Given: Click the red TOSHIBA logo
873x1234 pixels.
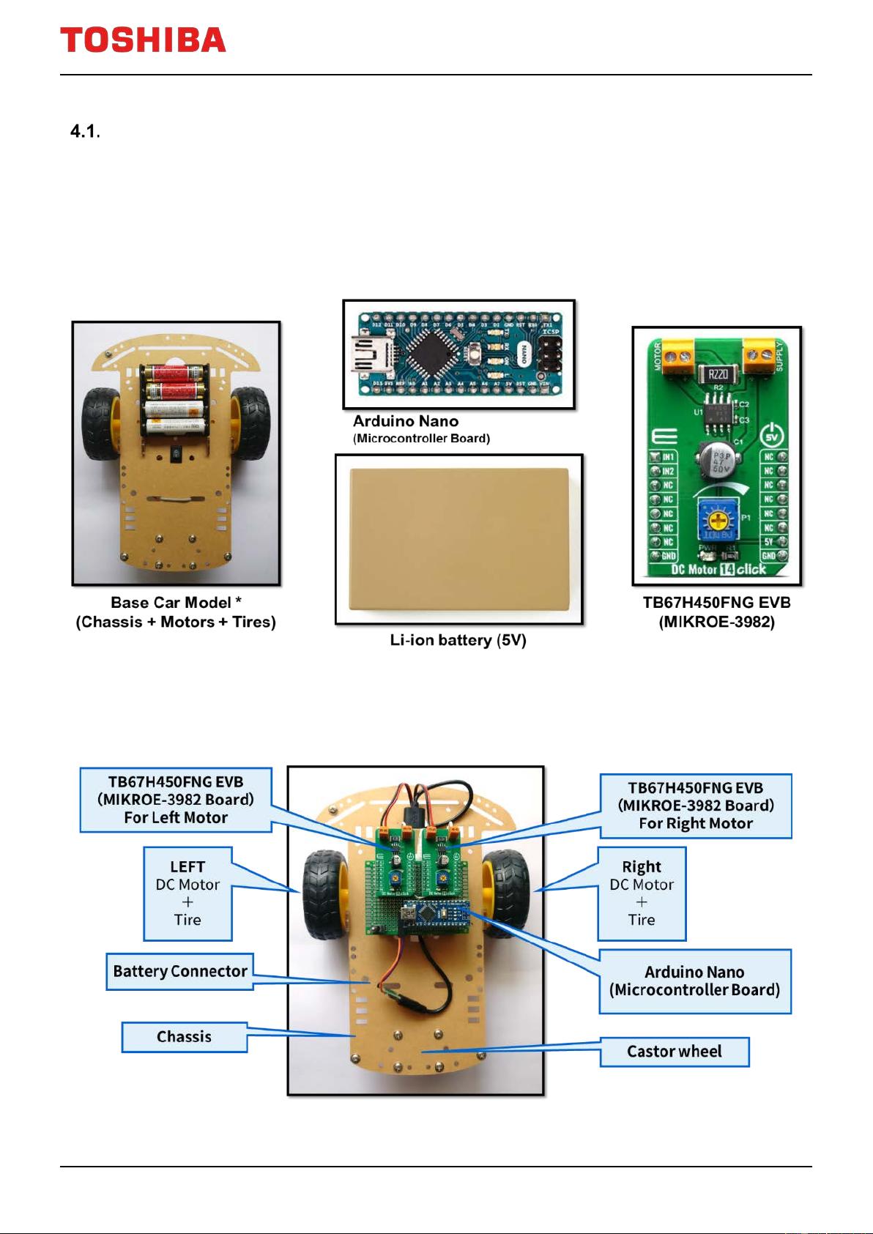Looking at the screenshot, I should point(143,40).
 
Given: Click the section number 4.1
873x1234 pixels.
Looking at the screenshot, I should point(84,132).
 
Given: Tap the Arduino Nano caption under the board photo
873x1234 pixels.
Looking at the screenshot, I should point(406,422).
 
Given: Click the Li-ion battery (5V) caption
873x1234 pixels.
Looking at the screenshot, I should point(458,641).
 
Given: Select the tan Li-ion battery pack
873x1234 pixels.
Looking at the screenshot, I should point(459,539).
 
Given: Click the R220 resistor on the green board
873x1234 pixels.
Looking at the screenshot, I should point(717,374).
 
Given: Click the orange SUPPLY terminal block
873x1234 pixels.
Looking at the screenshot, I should point(759,357).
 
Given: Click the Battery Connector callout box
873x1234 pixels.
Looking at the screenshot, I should point(179,972).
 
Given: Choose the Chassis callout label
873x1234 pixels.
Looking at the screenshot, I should point(184,1037).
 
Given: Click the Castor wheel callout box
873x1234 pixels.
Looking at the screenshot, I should point(674,1052).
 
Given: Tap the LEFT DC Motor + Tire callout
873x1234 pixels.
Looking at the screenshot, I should point(187,893).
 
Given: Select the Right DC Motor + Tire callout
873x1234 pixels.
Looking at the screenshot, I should point(642,893).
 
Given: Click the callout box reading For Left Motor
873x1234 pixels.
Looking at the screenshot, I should point(176,800).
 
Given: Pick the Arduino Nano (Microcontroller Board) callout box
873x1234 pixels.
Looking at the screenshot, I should point(694,981).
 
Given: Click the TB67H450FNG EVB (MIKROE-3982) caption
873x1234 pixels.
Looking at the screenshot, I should point(716,612).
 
